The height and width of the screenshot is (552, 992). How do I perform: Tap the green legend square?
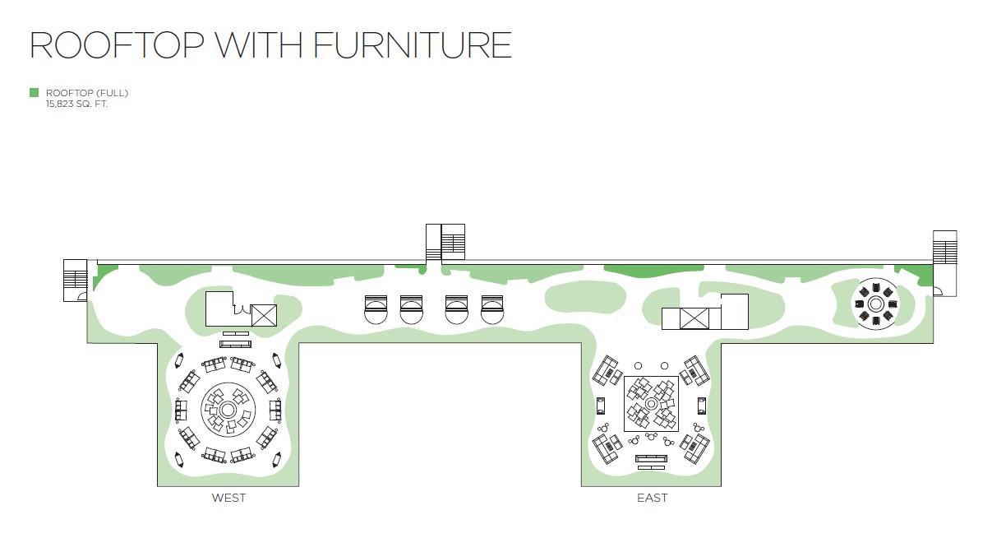tap(34, 93)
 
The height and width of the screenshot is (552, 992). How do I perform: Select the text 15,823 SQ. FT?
tap(77, 104)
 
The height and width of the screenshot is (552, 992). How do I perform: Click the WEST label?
tap(228, 498)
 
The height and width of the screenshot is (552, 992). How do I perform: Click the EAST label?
tap(652, 498)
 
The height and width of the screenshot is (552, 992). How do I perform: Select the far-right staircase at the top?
tap(945, 248)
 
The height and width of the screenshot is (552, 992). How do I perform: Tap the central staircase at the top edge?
tap(445, 242)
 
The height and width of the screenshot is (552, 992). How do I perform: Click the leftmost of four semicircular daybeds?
tap(375, 309)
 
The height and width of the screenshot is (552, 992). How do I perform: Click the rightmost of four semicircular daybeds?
tap(492, 309)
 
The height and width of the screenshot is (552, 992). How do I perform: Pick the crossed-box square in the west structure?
tap(264, 316)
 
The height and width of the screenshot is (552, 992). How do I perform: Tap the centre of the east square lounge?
tap(651, 404)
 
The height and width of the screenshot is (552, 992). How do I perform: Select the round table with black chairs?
tap(875, 304)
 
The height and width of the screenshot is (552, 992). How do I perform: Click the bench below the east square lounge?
tap(652, 460)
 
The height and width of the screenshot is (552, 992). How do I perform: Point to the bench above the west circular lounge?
tap(235, 344)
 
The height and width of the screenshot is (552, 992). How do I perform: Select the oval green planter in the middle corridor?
tap(584, 298)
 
